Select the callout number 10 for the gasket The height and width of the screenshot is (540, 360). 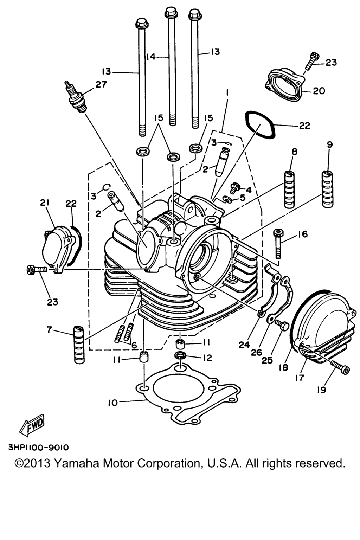pos(112,403)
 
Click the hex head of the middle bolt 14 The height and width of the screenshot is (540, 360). pos(170,12)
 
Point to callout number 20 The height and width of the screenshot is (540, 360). pos(319,91)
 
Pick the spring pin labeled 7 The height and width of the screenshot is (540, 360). pos(79,345)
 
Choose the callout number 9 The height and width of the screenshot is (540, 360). pos(329,144)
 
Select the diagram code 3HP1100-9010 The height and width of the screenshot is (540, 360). pos(39,448)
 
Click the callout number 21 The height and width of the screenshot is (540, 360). pos(45,203)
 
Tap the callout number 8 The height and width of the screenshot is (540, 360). pos(295,152)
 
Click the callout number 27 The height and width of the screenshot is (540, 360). pos(101,85)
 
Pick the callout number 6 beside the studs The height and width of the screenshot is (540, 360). pos(134,345)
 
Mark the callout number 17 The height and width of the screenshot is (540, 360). pos(300,378)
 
